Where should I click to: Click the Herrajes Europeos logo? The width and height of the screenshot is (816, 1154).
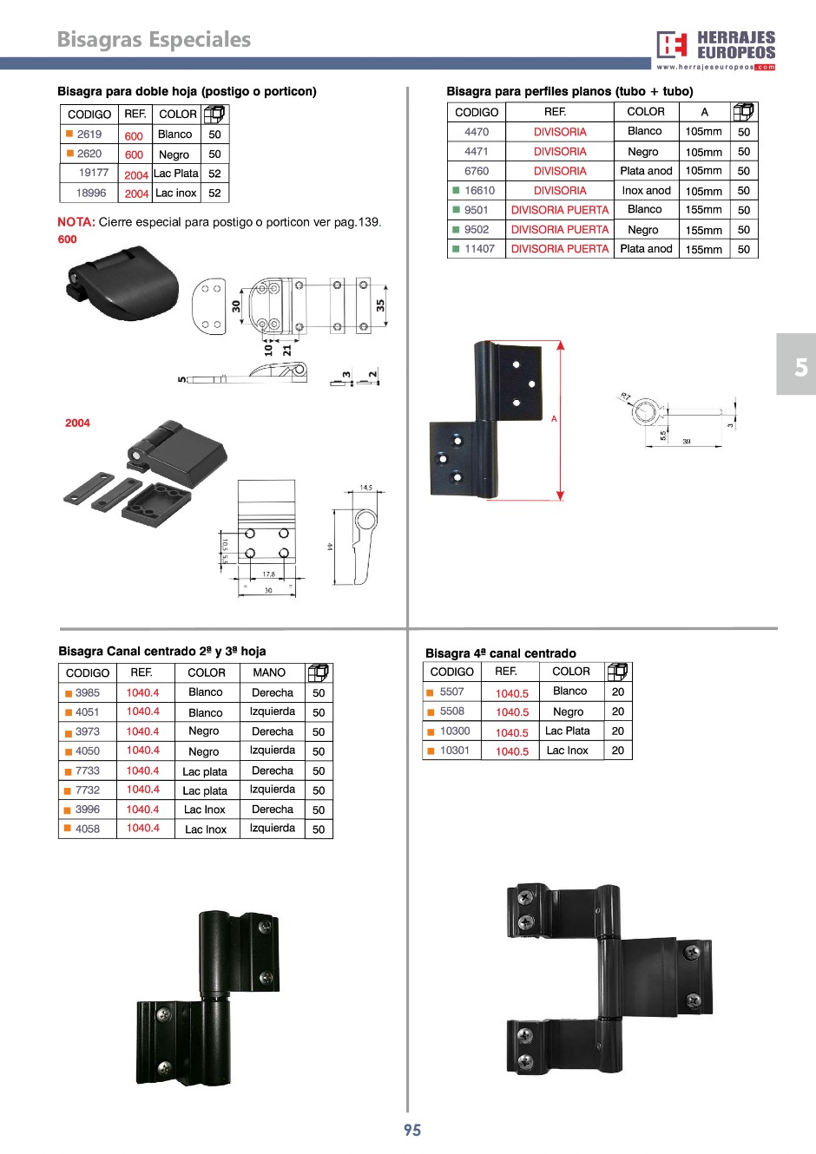tap(715, 49)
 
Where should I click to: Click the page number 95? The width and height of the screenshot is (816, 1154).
tap(412, 1130)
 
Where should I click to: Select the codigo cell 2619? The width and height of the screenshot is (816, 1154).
tap(89, 134)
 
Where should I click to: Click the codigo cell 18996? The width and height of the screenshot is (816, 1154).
tap(91, 193)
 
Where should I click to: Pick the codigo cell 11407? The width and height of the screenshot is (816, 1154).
tap(479, 249)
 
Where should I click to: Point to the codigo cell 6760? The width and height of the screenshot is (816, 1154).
tap(477, 171)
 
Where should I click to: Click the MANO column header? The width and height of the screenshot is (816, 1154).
tap(269, 672)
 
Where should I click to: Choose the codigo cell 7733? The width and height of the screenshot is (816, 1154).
tap(88, 770)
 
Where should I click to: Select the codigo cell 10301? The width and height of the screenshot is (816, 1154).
tap(455, 751)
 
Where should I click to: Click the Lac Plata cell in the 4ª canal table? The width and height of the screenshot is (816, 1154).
tap(568, 731)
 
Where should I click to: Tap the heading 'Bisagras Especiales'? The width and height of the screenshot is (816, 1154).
tap(154, 40)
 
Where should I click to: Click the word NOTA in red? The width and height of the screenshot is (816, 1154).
tap(76, 222)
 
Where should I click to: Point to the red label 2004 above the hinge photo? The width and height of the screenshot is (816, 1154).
tap(77, 423)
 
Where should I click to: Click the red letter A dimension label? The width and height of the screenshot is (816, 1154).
tap(554, 419)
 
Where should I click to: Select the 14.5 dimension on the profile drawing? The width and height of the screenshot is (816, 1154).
tap(365, 488)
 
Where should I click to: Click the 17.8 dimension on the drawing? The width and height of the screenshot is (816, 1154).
tap(268, 574)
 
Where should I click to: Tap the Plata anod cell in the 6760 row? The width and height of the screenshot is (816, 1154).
tap(646, 171)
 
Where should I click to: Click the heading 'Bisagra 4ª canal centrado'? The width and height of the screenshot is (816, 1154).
tap(501, 653)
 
